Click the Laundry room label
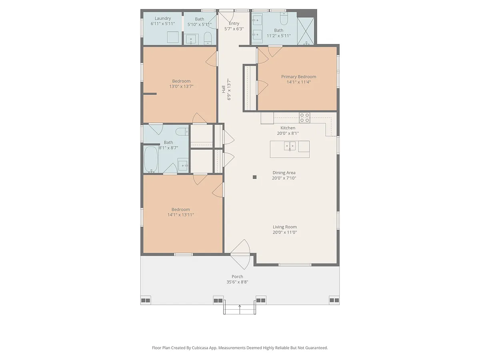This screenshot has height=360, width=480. [x=163, y=18]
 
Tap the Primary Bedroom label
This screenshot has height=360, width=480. [x=298, y=77]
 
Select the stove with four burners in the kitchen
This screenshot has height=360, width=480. [x=304, y=118]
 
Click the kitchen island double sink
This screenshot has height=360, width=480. [x=290, y=146]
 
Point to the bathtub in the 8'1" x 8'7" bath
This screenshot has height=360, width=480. [x=151, y=159]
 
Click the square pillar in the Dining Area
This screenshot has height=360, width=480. [x=254, y=177]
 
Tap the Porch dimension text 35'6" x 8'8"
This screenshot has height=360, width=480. [x=237, y=282]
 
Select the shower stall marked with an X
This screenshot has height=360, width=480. [x=306, y=31]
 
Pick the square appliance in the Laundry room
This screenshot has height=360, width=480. [x=173, y=37]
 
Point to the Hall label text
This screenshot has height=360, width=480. [x=224, y=89]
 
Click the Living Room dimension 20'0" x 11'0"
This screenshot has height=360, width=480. [x=285, y=232]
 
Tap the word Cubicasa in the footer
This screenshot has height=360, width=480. [x=200, y=348]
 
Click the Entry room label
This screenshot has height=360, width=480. [x=234, y=23]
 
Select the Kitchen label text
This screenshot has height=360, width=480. [x=288, y=128]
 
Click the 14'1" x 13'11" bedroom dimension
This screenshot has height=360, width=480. [x=181, y=215]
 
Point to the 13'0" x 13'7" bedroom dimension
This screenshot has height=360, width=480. [x=181, y=86]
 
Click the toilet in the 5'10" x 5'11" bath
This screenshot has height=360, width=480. [x=208, y=38]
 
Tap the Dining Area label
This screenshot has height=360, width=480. [x=284, y=173]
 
